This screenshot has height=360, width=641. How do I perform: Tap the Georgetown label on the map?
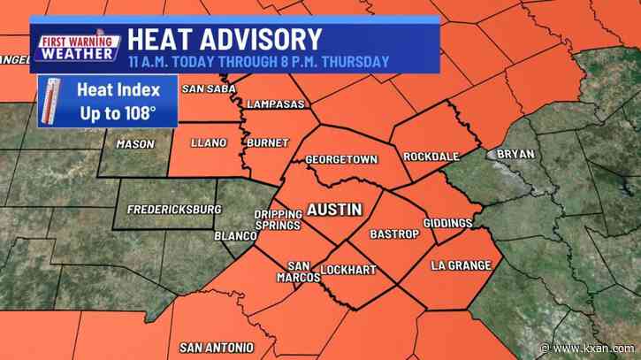341,160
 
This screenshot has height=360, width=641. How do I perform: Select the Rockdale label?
431,157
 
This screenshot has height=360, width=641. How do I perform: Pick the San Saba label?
205,88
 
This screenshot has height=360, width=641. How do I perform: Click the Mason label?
135,144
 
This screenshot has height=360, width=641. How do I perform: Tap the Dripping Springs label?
278,220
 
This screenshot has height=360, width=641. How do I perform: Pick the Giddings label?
447,223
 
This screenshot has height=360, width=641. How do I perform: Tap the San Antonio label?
217,346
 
